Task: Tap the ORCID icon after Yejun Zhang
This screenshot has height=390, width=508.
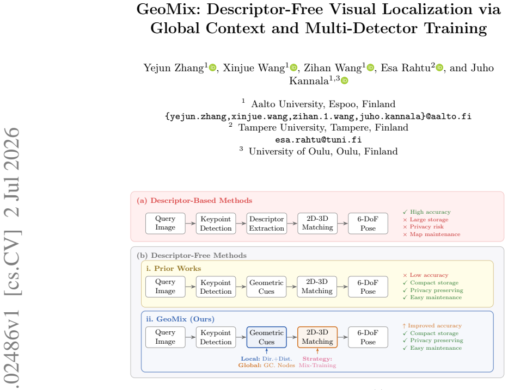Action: [212, 67]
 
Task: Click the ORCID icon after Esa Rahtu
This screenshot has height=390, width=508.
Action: [439, 67]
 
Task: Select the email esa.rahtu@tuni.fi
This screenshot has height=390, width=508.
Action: [318, 140]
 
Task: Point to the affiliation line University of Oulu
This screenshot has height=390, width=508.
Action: [323, 151]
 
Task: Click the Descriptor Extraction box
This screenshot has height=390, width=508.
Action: [267, 224]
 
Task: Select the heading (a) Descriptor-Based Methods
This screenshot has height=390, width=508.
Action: [194, 201]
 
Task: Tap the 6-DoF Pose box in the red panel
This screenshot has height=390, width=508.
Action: [368, 224]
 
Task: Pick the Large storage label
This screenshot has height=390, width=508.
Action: [429, 219]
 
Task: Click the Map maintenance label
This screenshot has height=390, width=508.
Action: [435, 234]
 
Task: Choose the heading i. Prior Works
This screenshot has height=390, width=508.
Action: [173, 269]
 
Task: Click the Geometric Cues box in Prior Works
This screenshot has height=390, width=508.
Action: [266, 287]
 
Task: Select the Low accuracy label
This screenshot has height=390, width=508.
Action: [429, 275]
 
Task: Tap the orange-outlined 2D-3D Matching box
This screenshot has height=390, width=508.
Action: [317, 337]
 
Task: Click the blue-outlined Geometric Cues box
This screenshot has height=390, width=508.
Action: [267, 337]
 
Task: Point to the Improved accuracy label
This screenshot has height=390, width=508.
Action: [434, 326]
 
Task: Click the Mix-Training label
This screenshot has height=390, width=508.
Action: [317, 366]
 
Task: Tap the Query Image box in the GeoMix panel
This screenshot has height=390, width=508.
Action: [165, 337]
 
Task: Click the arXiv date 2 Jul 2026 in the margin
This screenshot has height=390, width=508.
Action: [12, 172]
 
